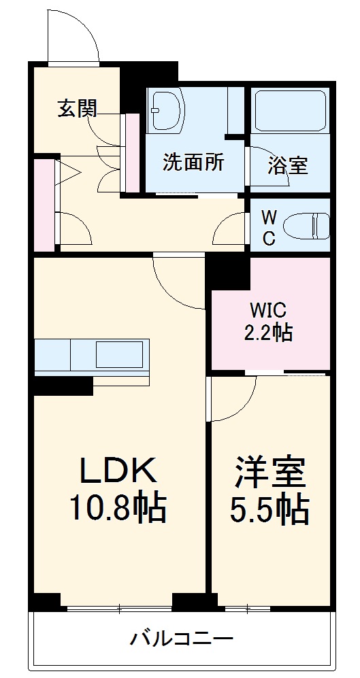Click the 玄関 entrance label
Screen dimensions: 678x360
coord(77,108)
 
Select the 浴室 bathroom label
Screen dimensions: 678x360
coord(287,165)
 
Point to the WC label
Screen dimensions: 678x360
coord(269,228)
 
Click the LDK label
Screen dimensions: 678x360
coord(118,469)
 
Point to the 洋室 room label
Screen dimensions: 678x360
coord(271,472)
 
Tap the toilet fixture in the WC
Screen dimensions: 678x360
coord(306,226)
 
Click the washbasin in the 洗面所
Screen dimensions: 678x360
coord(165,109)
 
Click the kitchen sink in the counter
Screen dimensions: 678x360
coord(120,354)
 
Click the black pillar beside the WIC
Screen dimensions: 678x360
coord(227,272)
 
